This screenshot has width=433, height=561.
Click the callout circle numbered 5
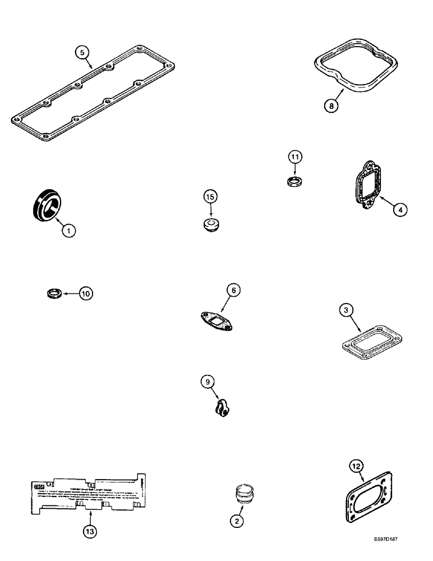pos(82,53)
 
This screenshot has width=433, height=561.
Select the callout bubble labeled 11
pos(296,157)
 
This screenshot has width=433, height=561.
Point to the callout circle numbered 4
pos(399,209)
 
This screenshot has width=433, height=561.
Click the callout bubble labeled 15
pos(210,197)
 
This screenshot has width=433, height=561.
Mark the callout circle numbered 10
pos(86,293)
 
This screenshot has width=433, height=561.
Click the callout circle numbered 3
pos(348,310)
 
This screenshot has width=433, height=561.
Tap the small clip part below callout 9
pos(220,409)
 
